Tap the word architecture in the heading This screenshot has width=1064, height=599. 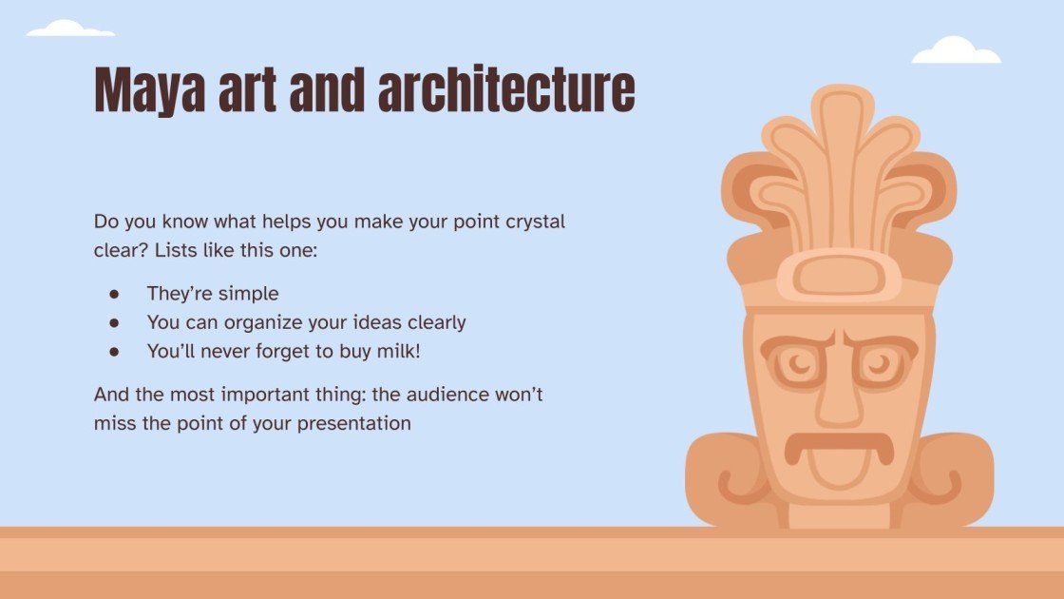pos(505,91)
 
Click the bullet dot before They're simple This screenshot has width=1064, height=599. pos(114,294)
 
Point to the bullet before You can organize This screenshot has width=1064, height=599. pos(114,322)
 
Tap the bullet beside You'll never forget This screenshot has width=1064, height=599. pos(114,351)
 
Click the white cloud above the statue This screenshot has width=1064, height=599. pos(956,51)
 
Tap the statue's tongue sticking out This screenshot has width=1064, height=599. pos(839,467)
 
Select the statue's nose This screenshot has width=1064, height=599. pos(839,399)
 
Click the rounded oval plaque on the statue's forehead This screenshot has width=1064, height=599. pos(839,276)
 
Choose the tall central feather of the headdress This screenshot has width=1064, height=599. pos(842,162)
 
